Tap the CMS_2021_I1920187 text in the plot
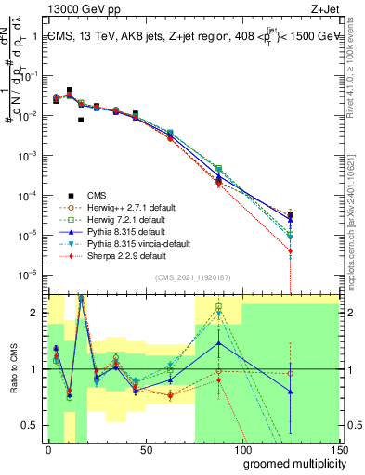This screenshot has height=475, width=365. (192, 278)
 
